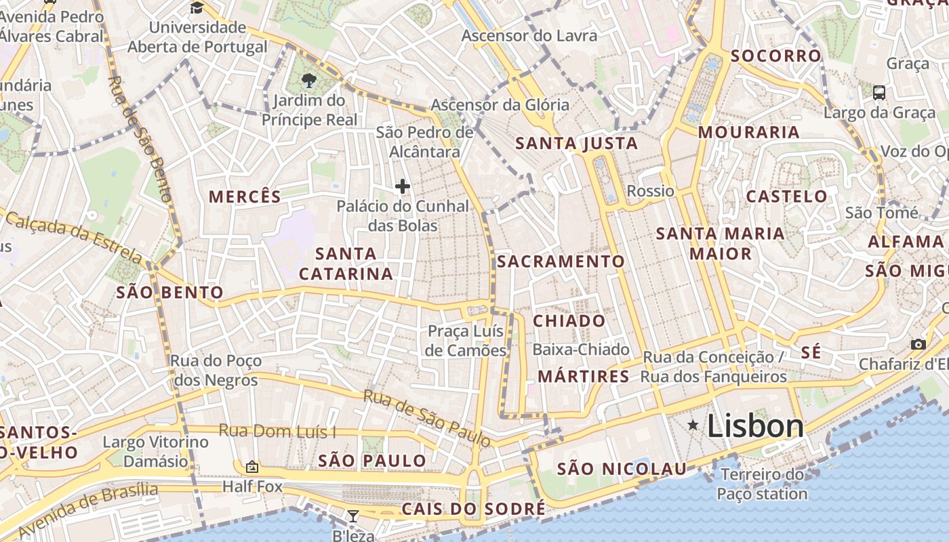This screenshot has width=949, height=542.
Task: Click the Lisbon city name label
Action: (755, 426)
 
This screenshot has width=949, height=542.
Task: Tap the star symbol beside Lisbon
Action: (693, 425)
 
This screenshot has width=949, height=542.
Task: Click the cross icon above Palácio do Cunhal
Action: (403, 186)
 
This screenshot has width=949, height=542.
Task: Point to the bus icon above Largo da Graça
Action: (879, 92)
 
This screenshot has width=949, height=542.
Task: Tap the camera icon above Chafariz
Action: (918, 344)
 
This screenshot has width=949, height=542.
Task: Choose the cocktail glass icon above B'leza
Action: (353, 516)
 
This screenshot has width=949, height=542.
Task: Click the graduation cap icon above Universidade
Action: (197, 7)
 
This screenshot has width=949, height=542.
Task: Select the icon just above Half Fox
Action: (252, 467)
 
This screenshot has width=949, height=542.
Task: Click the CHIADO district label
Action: (569, 320)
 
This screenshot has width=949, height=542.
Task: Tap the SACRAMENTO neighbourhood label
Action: (561, 261)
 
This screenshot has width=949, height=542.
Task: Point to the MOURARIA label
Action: (749, 132)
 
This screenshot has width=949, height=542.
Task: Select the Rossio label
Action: (651, 191)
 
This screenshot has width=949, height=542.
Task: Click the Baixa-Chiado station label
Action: (581, 350)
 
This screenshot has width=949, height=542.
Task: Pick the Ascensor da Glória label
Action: (500, 105)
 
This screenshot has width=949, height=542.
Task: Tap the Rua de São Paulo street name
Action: (427, 418)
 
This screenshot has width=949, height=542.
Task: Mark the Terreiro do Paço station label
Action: (763, 484)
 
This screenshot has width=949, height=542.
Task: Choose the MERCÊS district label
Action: (245, 196)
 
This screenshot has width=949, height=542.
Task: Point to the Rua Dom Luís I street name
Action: (277, 431)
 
